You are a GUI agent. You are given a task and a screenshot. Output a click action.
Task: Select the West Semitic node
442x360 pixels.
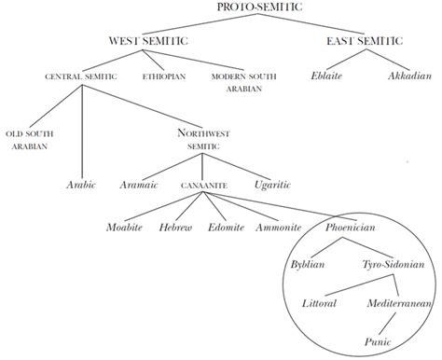[x=147, y=41]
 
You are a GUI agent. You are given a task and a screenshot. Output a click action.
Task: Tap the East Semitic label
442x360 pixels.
[x=365, y=41]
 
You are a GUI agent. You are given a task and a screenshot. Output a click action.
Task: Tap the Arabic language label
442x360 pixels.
[x=81, y=185]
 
